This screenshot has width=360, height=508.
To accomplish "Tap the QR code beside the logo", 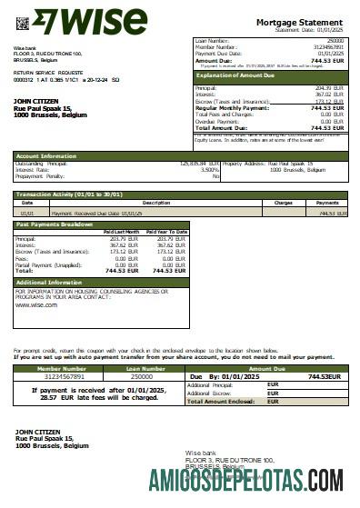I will click(x=22, y=22).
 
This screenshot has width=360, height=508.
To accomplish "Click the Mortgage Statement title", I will click(x=300, y=21).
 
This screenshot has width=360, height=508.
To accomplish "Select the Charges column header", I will click(x=283, y=203).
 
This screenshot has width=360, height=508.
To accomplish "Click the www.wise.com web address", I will click(x=36, y=305).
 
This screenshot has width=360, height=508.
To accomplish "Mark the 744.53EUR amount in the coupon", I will click(x=324, y=376).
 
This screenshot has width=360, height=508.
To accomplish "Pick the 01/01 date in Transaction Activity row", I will click(x=28, y=213).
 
